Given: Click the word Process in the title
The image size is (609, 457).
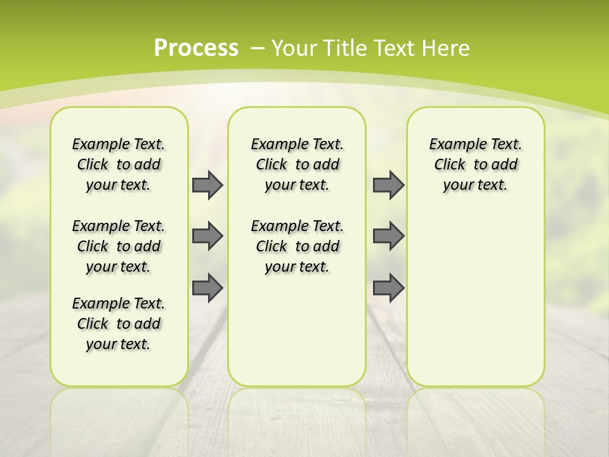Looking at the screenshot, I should (x=196, y=48).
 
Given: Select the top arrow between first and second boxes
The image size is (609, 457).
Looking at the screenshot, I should (x=207, y=185).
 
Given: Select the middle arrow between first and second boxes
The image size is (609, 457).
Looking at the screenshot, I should (x=207, y=236).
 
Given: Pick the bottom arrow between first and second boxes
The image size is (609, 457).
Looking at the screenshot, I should (x=207, y=288).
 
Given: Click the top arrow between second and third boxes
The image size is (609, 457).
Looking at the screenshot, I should (x=388, y=185).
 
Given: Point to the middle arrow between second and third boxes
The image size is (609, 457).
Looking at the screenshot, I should (x=388, y=236).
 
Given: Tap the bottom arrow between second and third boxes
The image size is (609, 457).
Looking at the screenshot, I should (x=388, y=288).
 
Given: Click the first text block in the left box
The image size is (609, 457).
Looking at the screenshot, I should (x=119, y=164).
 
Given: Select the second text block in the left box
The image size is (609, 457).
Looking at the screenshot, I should (x=119, y=246).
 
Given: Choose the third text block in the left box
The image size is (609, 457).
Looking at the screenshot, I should (x=119, y=324).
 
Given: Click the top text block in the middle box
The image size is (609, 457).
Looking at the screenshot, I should (x=297, y=164).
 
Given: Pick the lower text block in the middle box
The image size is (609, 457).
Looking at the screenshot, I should (x=297, y=246).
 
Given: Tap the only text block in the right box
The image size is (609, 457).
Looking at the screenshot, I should (x=475, y=164).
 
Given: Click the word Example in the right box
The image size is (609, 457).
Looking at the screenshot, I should (x=453, y=145).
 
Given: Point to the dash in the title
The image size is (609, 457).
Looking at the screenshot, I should (x=258, y=48).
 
